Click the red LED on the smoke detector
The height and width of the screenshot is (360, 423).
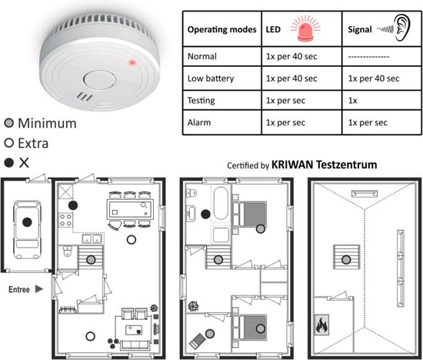point(132,63)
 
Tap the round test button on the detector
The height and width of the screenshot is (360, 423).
point(99,79)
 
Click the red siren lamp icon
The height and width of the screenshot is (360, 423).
point(305,28)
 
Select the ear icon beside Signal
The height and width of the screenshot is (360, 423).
point(402,28)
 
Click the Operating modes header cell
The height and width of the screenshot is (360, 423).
point(221,29)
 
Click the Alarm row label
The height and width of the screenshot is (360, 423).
point(199,122)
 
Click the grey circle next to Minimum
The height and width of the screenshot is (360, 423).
point(9,123)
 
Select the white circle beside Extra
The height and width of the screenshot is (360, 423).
point(9,143)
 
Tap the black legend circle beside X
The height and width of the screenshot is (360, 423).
point(9,163)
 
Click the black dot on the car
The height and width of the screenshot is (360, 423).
point(27,222)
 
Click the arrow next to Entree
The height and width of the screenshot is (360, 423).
point(39,289)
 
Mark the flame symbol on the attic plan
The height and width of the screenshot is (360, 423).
point(321,325)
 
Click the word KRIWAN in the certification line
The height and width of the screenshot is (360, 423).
point(292,165)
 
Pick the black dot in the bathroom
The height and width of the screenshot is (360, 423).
point(206,214)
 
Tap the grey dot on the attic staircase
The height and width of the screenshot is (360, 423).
point(346,260)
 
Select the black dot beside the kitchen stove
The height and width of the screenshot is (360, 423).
point(73,205)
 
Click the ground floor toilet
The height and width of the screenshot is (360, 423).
point(67,252)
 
